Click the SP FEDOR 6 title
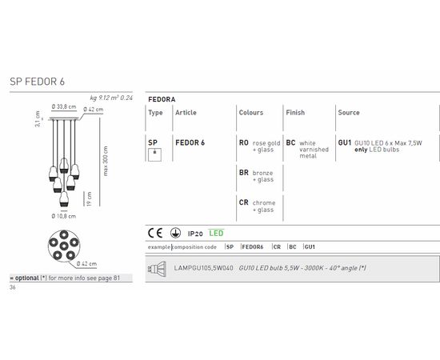[37, 82]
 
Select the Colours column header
[251, 113]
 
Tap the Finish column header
[295, 113]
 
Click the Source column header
[349, 113]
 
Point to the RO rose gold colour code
[243, 142]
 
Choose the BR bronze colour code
[243, 173]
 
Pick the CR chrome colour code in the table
[243, 202]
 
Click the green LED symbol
[216, 233]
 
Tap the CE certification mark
[155, 233]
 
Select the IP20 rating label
[195, 234]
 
